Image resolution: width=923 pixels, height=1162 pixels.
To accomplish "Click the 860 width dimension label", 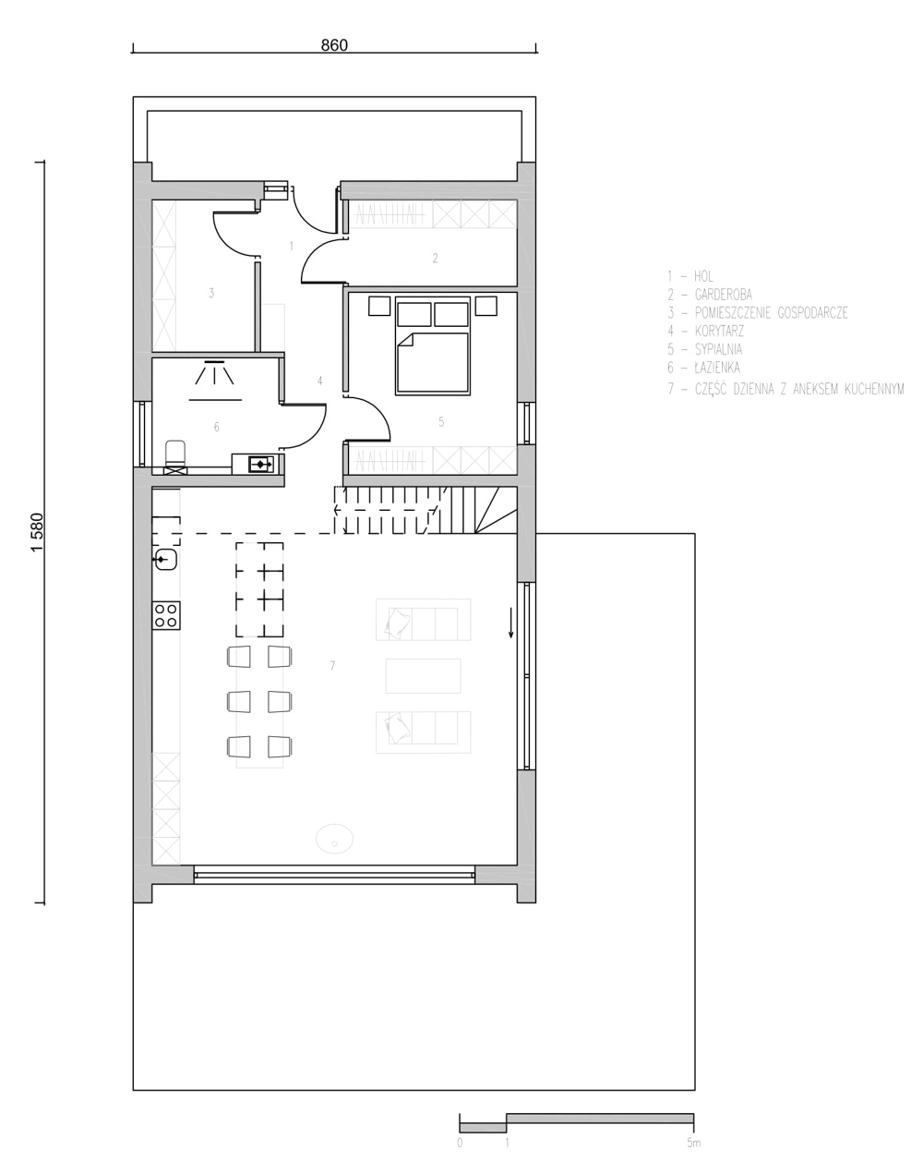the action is [x=334, y=45].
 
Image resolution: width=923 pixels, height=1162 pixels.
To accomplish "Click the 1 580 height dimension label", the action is [x=37, y=532].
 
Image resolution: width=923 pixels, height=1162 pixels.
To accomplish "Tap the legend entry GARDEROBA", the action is [x=723, y=295].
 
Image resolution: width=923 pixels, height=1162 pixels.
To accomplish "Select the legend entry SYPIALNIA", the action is [x=718, y=349].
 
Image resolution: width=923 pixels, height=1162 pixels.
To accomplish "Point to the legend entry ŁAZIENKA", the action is [x=717, y=368].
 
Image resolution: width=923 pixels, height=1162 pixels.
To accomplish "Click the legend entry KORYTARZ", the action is [x=719, y=331].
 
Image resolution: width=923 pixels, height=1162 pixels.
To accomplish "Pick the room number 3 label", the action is [x=211, y=293].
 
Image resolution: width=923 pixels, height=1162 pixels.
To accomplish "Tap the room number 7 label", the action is [x=332, y=666].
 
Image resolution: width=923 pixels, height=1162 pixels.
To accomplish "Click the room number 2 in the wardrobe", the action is [x=435, y=259].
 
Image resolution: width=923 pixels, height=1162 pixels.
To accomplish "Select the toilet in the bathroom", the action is [x=174, y=457].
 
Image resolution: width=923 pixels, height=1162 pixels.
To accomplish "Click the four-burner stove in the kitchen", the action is [x=166, y=615].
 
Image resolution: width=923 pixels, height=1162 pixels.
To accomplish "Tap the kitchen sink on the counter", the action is [x=166, y=560].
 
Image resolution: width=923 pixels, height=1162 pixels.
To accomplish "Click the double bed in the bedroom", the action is [x=432, y=345].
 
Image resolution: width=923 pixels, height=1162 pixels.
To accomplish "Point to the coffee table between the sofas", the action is [x=423, y=675].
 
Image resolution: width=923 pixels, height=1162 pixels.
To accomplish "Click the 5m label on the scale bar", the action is [x=693, y=1143].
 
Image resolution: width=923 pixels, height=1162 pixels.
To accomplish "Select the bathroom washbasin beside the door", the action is [x=261, y=464].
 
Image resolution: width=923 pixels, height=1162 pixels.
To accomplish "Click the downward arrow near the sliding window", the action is [x=510, y=622].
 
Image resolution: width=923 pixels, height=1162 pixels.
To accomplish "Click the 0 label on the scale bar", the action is [x=460, y=1143].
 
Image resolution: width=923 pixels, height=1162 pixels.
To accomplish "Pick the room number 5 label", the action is [x=441, y=422].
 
